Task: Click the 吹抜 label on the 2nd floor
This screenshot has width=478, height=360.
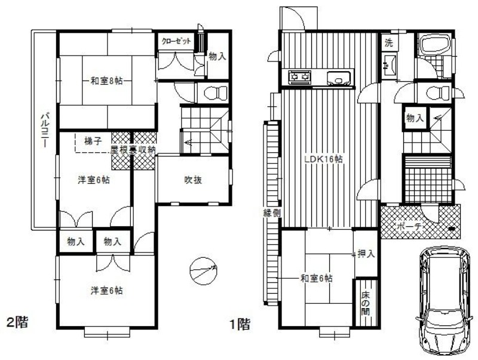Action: (x=192, y=179)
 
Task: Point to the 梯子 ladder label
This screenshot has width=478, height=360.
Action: (x=92, y=141)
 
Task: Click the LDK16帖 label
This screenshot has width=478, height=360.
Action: (x=322, y=159)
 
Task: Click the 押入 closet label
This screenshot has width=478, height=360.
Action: (x=366, y=254)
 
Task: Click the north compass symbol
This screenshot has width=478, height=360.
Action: (x=203, y=272)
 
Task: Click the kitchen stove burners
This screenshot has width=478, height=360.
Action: (x=300, y=77)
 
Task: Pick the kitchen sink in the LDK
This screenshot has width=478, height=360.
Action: (x=339, y=78)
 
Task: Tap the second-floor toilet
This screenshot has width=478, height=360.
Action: (x=213, y=93)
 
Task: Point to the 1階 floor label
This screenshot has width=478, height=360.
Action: (x=240, y=324)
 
